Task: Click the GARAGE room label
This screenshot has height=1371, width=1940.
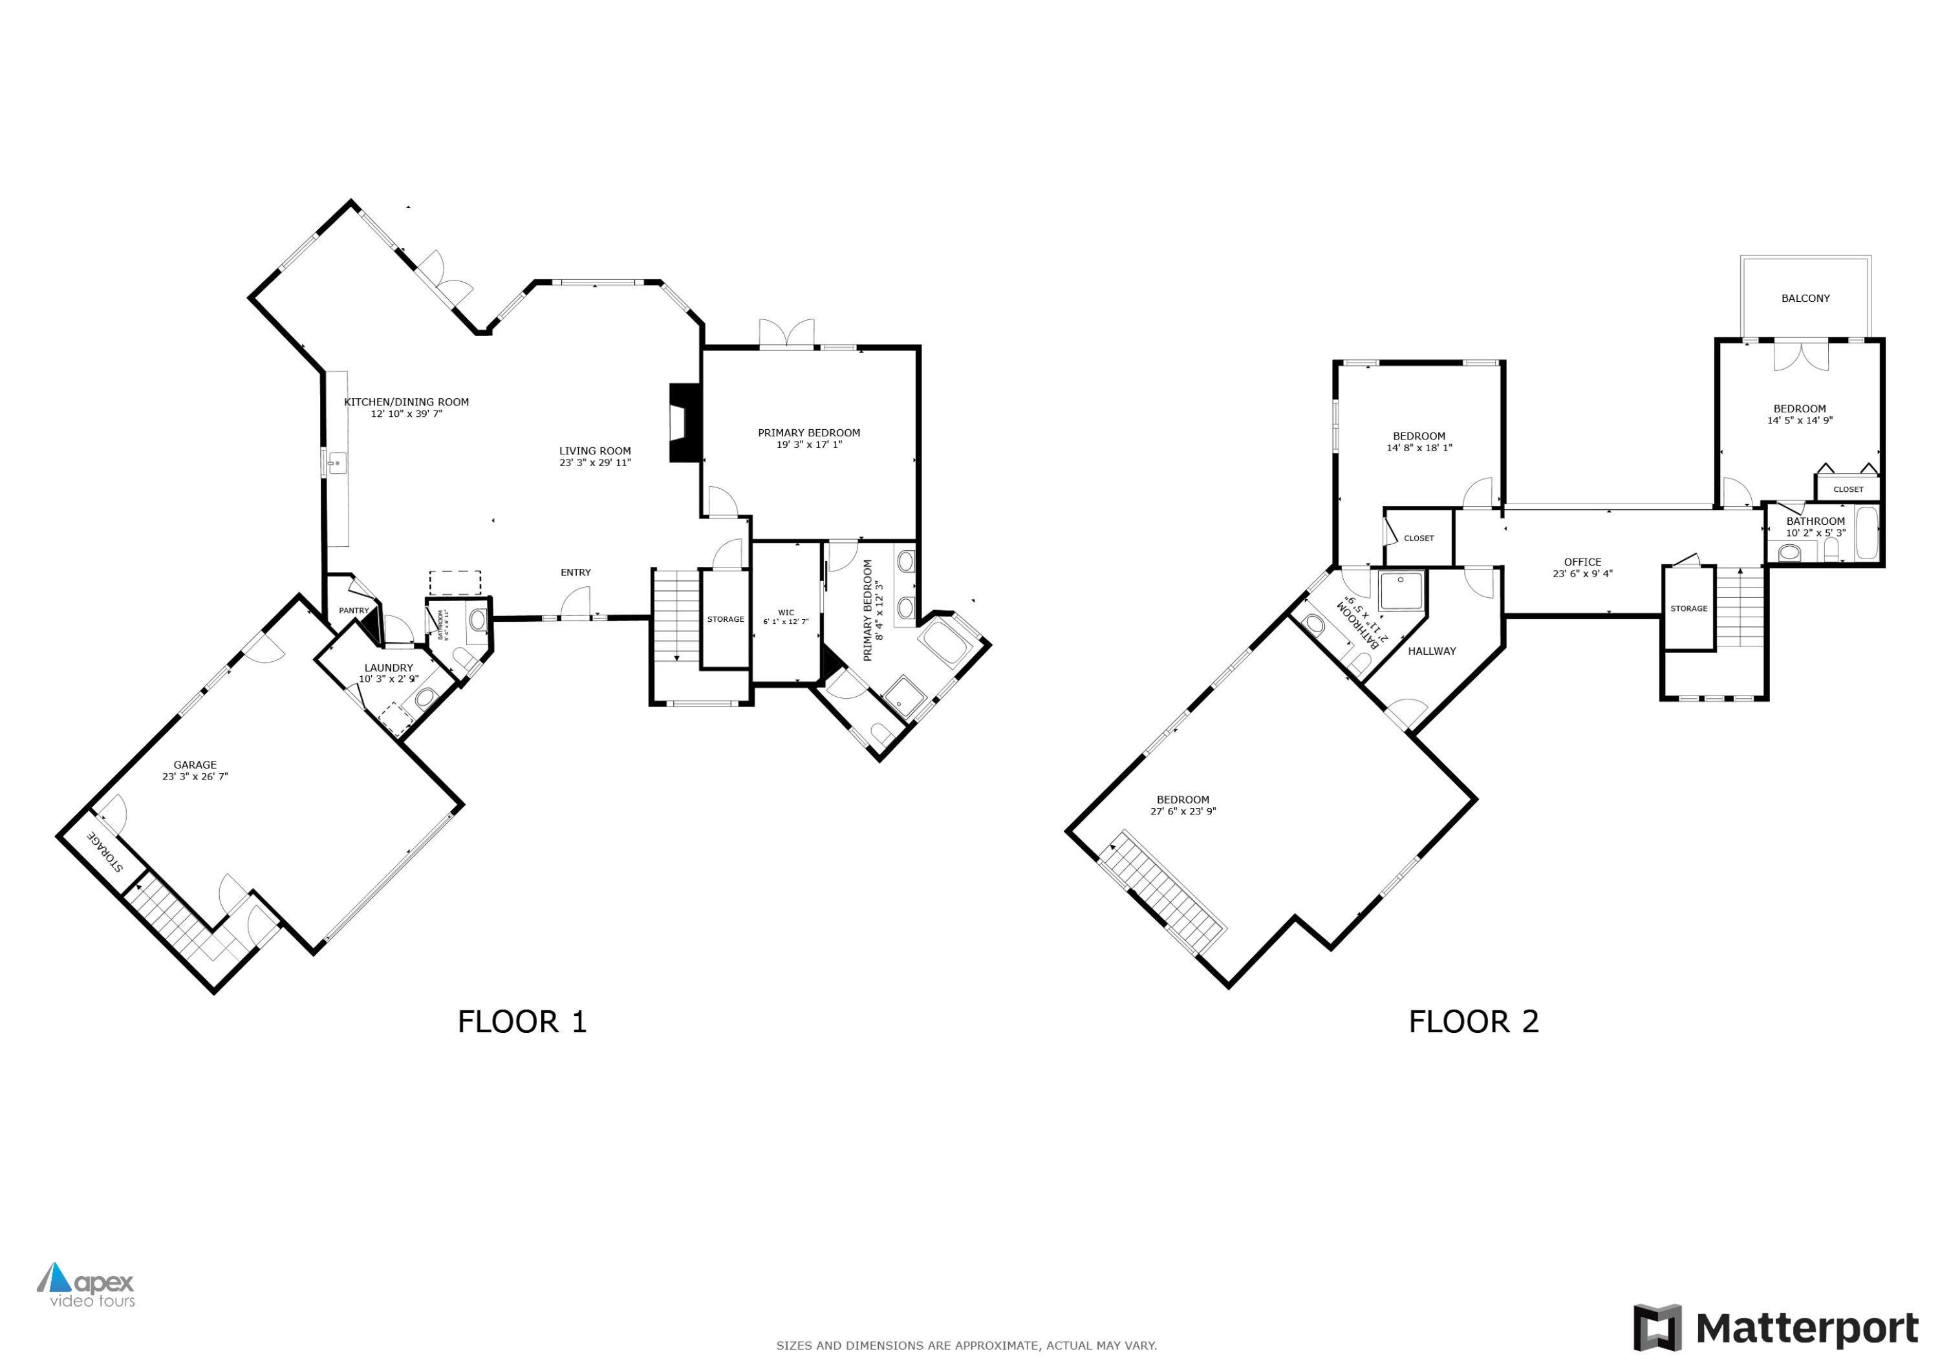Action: point(195,765)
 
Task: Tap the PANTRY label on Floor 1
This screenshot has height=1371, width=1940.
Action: point(354,611)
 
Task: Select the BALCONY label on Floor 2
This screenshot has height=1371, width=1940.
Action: point(1805,298)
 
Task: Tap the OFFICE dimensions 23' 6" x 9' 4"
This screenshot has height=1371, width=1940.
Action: point(1582,573)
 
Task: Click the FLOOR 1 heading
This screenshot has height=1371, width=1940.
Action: point(521,1022)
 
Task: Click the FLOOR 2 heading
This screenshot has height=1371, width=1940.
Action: point(1474,1022)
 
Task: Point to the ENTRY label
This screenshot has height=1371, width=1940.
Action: point(576,573)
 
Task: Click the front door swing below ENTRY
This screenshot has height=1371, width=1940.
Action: point(576,603)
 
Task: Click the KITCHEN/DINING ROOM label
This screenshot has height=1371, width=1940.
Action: point(406,402)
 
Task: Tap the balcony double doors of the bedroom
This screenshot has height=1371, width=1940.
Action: point(1800,355)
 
